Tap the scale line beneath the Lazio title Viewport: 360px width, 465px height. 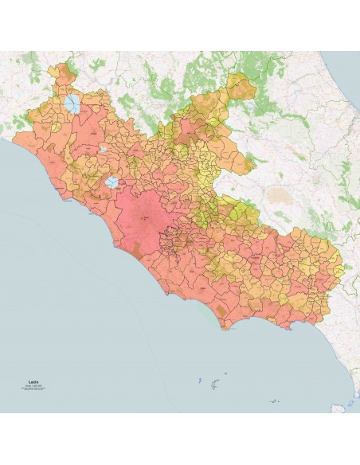pyautogui.click(x=33, y=386)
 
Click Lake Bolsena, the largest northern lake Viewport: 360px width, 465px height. pyautogui.click(x=73, y=104)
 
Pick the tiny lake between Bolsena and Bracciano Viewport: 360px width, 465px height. pyautogui.click(x=104, y=148)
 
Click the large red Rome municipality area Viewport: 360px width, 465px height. pyautogui.click(x=143, y=215)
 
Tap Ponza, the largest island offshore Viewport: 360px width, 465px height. pyautogui.click(x=213, y=385)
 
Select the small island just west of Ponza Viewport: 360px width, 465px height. pyautogui.click(x=199, y=381)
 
